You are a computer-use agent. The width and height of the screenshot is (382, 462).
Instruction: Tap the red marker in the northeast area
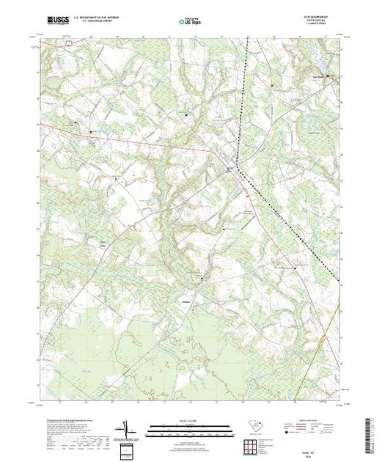point(272,84)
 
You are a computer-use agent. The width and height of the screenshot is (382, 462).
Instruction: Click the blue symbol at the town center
point(229,169)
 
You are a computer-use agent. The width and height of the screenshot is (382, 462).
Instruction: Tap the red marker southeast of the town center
point(249,195)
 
